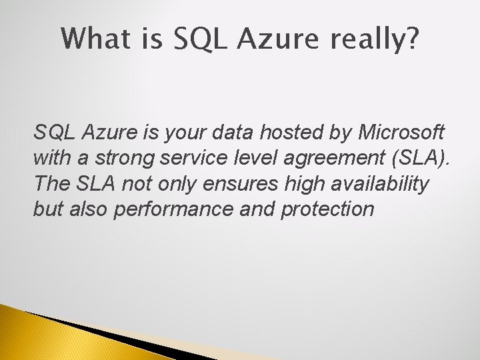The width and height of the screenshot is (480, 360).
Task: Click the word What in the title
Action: click(93, 39)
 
